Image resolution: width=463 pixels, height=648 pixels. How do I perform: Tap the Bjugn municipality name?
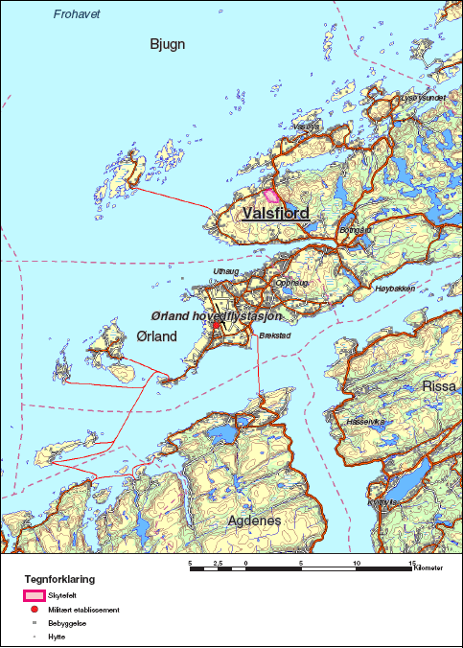click(x=168, y=44)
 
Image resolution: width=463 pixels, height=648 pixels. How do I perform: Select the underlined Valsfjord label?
click(x=276, y=213)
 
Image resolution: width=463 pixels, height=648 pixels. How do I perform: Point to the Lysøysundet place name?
click(x=422, y=98)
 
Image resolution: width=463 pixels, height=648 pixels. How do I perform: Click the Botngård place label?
click(x=355, y=230)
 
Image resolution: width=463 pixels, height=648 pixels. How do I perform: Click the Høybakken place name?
click(x=394, y=287)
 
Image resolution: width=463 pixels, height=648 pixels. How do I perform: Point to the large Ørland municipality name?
click(x=157, y=336)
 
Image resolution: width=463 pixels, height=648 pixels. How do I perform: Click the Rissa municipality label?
click(x=441, y=386)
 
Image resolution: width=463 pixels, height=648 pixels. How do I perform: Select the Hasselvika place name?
click(x=366, y=420)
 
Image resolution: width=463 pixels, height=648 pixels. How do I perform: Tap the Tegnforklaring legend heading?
click(x=59, y=580)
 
